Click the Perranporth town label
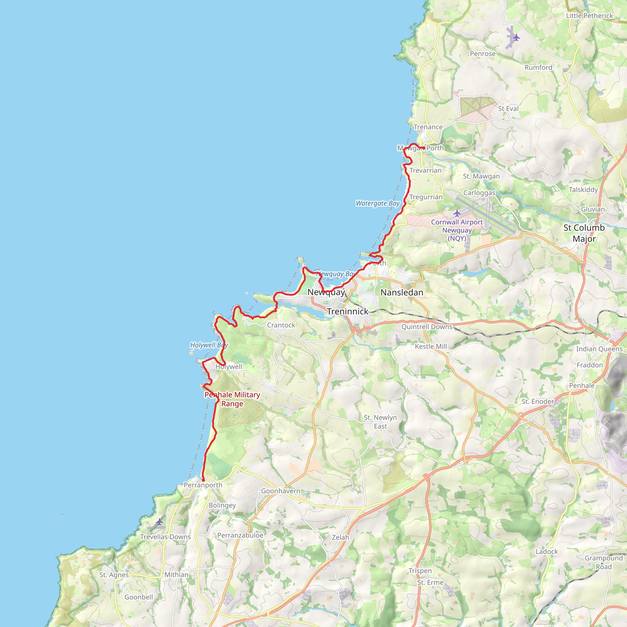coord(203,485)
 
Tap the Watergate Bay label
coord(378,204)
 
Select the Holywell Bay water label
coord(209,345)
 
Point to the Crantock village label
coord(281,325)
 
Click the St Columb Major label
coord(584,233)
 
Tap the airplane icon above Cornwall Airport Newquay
coord(457,213)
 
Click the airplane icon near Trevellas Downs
coord(159,522)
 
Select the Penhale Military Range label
coord(232,399)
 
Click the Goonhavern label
coord(281,491)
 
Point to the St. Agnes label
coord(114,575)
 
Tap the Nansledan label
coord(402,292)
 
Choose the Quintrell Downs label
coord(427,327)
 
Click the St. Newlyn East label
coord(380,422)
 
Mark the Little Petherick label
coord(589,16)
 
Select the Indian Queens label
coord(599,349)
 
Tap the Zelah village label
coord(340,537)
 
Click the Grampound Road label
coord(604,562)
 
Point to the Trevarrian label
coord(426,171)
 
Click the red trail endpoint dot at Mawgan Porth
coord(424,148)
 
